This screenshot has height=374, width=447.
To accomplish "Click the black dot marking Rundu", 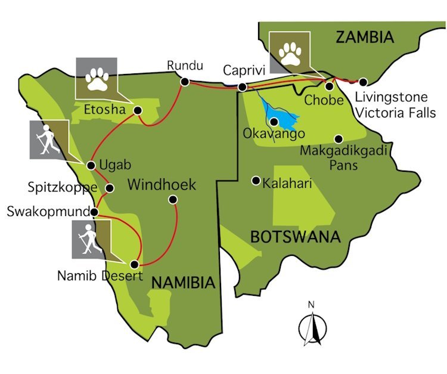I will tap(184, 82).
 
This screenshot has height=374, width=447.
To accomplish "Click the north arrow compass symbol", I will tap(311, 324).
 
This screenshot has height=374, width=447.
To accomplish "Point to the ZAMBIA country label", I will tap(365, 38).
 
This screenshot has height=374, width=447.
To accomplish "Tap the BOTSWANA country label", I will tap(295, 236).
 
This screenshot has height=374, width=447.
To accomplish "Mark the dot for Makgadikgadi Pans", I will tap(338, 139).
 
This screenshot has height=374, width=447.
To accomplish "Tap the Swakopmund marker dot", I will tap(94, 211).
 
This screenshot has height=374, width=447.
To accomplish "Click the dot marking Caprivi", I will tap(242, 88).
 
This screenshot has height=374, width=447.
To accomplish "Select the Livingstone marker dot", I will tap(362, 82).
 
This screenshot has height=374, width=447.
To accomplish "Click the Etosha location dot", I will tap(138, 110).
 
